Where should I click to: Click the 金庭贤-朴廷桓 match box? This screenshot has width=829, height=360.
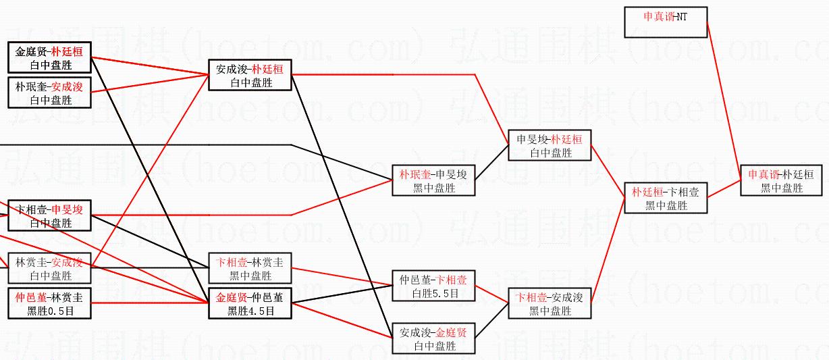(x=49, y=58)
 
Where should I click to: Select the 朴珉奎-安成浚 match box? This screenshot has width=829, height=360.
(x=49, y=93)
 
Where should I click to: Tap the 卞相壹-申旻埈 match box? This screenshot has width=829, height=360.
(x=49, y=216)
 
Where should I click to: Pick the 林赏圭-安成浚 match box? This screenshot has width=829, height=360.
(x=49, y=269)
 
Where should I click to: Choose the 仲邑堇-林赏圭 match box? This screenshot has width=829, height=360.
(x=49, y=303)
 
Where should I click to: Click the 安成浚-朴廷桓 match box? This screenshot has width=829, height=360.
(x=250, y=76)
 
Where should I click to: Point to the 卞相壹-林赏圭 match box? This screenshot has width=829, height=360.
(x=250, y=269)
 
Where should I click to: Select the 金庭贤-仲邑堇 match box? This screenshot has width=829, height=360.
(x=250, y=303)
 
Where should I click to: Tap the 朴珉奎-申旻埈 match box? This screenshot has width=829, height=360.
(x=433, y=180)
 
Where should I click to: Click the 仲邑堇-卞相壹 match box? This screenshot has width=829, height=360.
(x=433, y=286)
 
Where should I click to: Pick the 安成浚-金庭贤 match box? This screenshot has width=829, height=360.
(x=433, y=339)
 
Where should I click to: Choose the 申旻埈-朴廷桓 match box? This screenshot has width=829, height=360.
(x=550, y=146)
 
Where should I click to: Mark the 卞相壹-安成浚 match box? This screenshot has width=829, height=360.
(x=550, y=304)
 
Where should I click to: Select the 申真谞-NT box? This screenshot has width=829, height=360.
(x=666, y=22)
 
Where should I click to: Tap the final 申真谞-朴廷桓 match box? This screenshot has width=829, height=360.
(x=782, y=180)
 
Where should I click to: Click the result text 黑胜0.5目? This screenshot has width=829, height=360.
(x=49, y=311)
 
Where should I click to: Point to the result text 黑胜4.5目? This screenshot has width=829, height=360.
(x=250, y=311)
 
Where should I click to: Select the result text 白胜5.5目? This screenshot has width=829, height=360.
(x=433, y=294)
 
